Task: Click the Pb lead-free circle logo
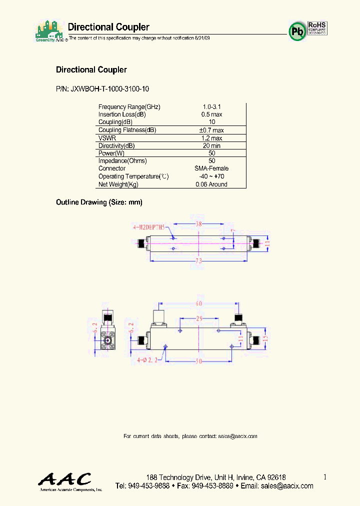(297, 31)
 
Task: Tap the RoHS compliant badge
(317, 28)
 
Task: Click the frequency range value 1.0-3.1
(211, 107)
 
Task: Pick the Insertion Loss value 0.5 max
(211, 114)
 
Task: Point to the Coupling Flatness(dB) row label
(127, 130)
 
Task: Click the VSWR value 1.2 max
(211, 138)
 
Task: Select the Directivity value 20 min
(211, 145)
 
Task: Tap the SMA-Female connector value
(211, 168)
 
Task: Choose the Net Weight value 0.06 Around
(211, 184)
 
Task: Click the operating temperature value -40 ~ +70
(211, 176)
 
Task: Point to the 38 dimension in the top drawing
(198, 224)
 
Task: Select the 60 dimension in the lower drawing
(199, 303)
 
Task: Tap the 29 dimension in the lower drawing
(199, 318)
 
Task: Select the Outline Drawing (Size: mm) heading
(99, 202)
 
